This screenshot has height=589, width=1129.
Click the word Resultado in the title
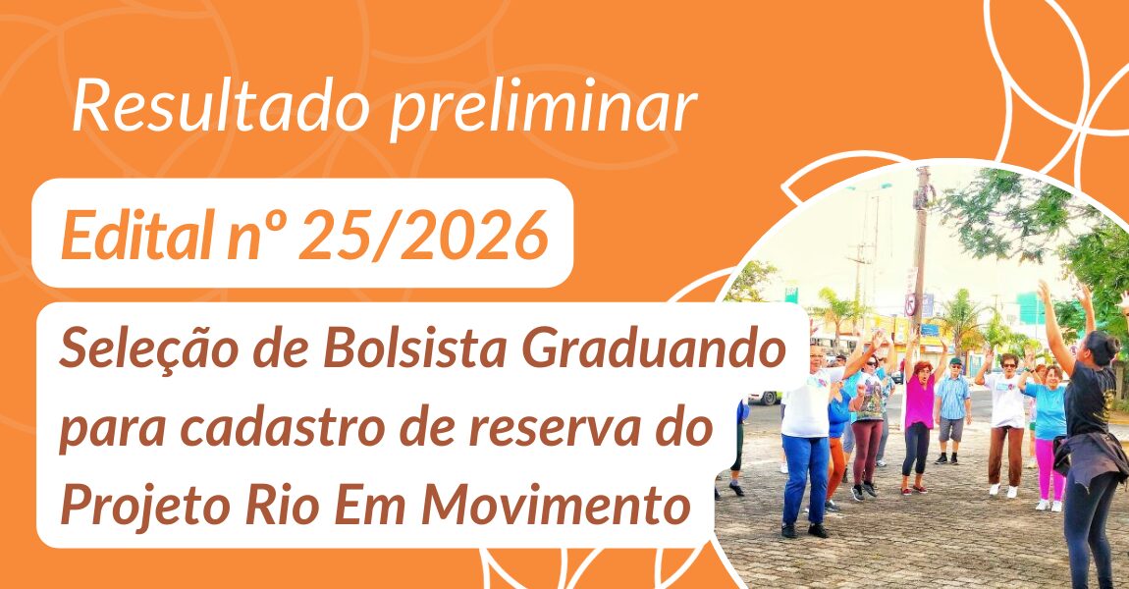[221, 107]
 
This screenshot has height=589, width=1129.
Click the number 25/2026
[423, 235]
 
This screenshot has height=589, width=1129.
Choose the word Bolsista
[416, 348]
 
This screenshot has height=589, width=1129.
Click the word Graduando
[653, 348]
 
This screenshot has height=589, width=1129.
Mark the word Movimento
[555, 506]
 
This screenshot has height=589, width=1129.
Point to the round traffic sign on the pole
[911, 304]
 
